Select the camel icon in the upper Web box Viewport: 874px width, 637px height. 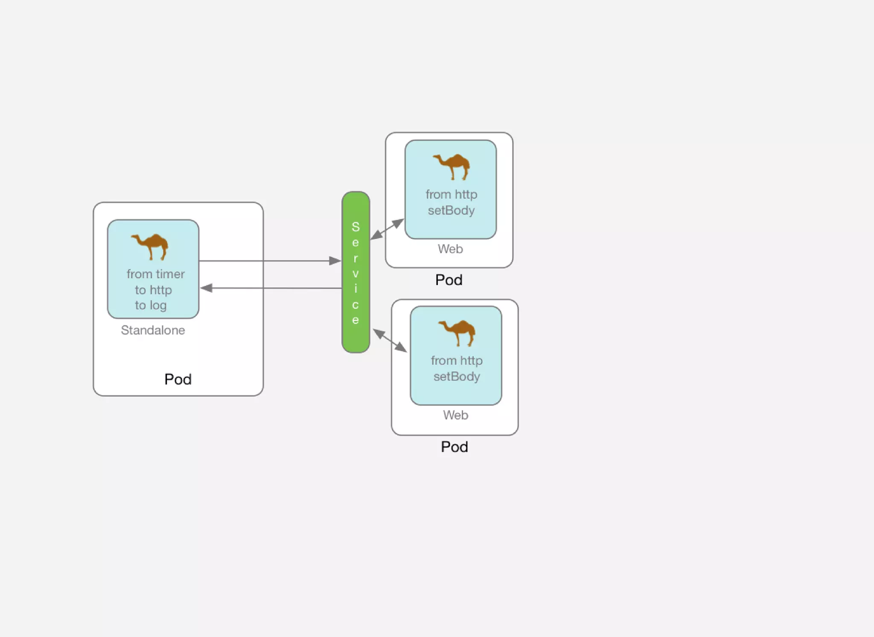452,166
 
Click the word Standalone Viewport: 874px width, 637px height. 153,330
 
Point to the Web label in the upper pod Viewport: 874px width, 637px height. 450,249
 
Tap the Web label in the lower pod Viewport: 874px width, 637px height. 455,415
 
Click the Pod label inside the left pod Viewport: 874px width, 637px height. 178,379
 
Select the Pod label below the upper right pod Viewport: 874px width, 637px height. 449,280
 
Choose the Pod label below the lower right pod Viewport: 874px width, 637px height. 454,447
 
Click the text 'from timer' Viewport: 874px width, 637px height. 155,274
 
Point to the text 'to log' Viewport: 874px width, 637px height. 151,305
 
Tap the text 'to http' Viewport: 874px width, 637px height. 153,290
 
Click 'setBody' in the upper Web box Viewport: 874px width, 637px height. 451,210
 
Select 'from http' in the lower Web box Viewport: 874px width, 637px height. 457,361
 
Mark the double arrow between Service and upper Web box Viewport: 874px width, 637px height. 387,229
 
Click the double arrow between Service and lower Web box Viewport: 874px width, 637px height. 390,340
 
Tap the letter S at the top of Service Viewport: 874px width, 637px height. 355,227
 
